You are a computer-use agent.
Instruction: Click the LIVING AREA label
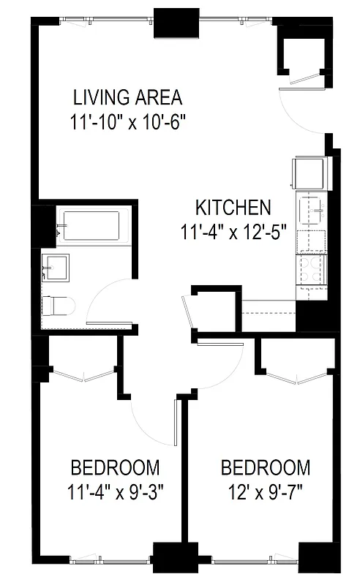pos(127,97)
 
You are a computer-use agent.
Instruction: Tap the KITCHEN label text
pos(233,208)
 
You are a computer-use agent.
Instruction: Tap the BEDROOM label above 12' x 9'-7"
pos(265,467)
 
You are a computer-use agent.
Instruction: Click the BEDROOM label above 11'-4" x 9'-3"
pos(115,467)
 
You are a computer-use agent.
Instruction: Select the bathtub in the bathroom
pos(92,226)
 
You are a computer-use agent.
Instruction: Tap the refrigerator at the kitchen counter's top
pos(310,173)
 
